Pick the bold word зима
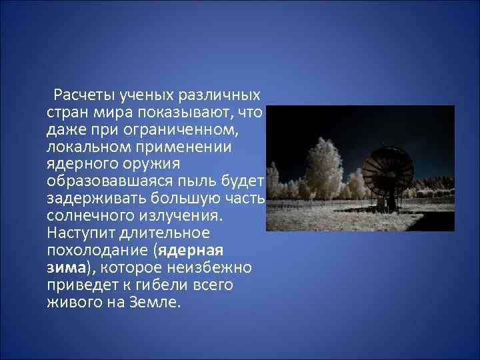(x=65, y=269)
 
